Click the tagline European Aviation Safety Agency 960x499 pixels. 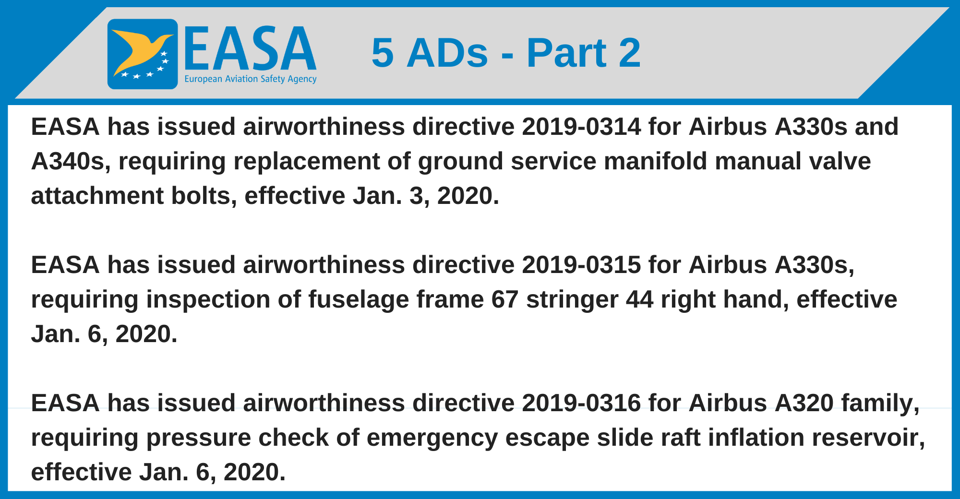click(250, 79)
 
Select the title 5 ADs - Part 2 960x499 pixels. click(506, 53)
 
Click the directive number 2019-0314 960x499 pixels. click(581, 127)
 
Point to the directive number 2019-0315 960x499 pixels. click(581, 265)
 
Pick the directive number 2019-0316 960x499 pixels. click(581, 404)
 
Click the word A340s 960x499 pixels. click(67, 162)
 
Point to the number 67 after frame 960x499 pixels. click(504, 300)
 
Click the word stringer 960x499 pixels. click(572, 300)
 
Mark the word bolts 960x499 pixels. click(204, 196)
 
